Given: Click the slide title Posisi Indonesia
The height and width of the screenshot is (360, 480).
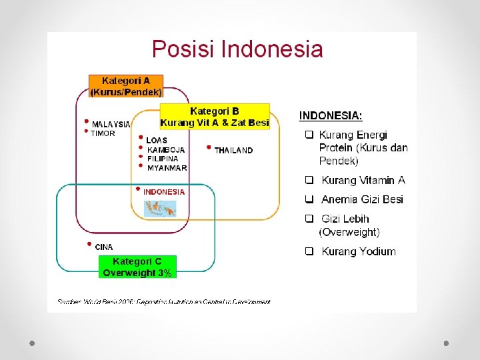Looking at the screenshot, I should [237, 49].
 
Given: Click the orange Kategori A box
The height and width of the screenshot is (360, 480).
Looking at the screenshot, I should [126, 87].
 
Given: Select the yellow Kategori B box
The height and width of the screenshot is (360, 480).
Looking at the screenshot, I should [215, 117].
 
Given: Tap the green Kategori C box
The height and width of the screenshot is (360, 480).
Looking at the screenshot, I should [137, 267].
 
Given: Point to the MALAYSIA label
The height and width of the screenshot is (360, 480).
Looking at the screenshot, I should [111, 124].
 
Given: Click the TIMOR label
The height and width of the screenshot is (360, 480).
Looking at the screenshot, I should [103, 133].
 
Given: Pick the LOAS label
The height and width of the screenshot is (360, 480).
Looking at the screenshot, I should [157, 140].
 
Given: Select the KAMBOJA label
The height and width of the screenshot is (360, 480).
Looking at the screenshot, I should [165, 150].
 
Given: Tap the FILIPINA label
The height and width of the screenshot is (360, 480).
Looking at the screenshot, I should [163, 159].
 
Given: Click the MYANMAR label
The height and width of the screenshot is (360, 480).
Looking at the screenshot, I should [167, 168].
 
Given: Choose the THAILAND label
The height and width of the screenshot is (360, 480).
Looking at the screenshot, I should [233, 151].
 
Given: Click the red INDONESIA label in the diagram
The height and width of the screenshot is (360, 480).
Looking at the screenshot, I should [164, 192].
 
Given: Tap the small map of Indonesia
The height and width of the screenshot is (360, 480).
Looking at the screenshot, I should [161, 209].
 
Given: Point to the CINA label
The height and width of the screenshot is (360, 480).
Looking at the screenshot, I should [104, 247].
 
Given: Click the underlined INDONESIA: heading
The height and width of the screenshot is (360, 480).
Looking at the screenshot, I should [331, 115].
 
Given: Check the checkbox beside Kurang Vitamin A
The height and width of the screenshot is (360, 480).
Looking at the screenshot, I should [309, 180].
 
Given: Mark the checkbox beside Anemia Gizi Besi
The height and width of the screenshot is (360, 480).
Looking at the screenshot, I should [309, 199].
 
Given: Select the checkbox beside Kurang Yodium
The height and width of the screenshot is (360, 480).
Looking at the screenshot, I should [309, 251].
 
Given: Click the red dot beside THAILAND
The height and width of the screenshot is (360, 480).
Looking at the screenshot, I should [209, 147].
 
